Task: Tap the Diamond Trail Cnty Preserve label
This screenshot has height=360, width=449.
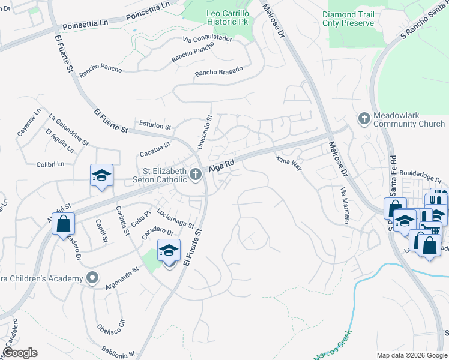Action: tap(357, 19)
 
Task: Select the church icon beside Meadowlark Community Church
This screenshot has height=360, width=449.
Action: tap(363, 118)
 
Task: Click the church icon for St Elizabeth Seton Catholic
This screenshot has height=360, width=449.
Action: tap(195, 175)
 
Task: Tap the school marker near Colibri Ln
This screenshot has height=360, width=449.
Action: tap(101, 176)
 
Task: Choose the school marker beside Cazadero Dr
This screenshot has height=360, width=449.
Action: tap(169, 250)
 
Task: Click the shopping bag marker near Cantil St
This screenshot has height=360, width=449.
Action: tap(63, 224)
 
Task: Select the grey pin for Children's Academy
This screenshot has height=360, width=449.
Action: tap(92, 278)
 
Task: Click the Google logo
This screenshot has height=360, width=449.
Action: tap(20, 352)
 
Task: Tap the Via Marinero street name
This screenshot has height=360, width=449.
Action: tap(345, 205)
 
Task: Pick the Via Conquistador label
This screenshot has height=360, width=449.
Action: tap(207, 39)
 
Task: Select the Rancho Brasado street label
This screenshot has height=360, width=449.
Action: tap(218, 71)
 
